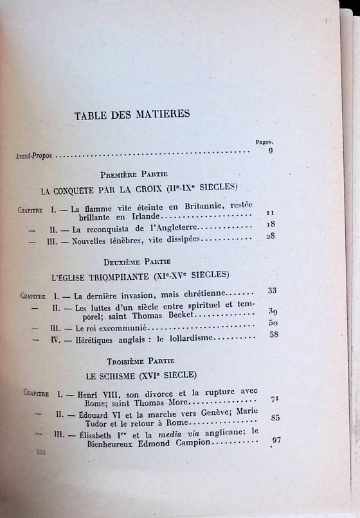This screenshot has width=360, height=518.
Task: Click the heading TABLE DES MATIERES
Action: tap(141, 116)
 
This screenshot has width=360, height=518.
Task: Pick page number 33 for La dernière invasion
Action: tap(273, 291)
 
